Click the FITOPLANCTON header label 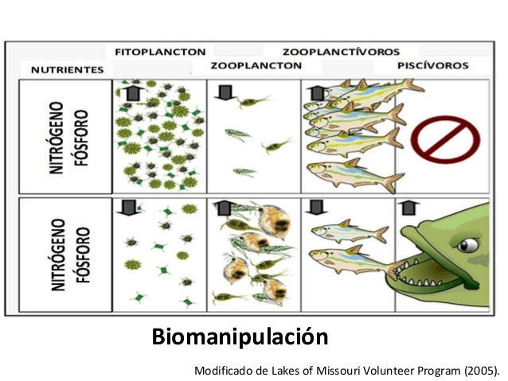tap(160, 52)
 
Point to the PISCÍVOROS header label tap(432, 66)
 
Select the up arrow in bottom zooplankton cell tap(224, 209)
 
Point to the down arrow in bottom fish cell tap(317, 209)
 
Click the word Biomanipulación tap(240, 337)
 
